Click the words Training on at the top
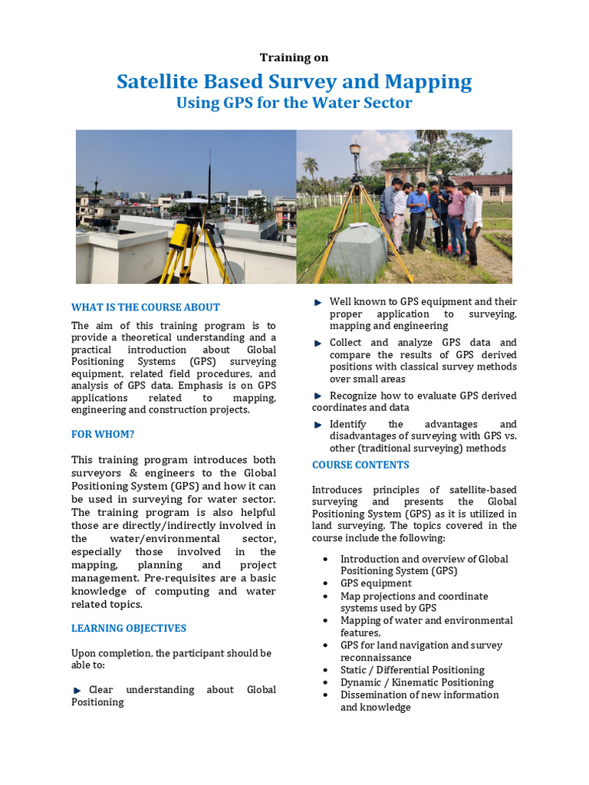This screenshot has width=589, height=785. (294, 57)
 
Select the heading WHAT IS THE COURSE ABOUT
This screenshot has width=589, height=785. (146, 307)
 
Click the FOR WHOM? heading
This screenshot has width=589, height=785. (103, 434)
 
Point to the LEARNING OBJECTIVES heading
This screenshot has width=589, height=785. (129, 628)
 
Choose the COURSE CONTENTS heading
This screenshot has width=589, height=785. (360, 465)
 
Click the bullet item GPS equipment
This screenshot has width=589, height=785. (376, 583)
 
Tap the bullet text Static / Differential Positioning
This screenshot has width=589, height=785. (413, 670)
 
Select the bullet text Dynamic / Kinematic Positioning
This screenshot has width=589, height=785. (417, 682)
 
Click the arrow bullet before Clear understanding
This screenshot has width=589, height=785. (77, 690)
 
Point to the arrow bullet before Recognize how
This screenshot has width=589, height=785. (318, 396)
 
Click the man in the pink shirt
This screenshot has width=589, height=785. (455, 222)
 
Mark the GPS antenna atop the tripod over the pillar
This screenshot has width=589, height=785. (354, 152)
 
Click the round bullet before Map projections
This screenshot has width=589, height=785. (327, 596)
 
